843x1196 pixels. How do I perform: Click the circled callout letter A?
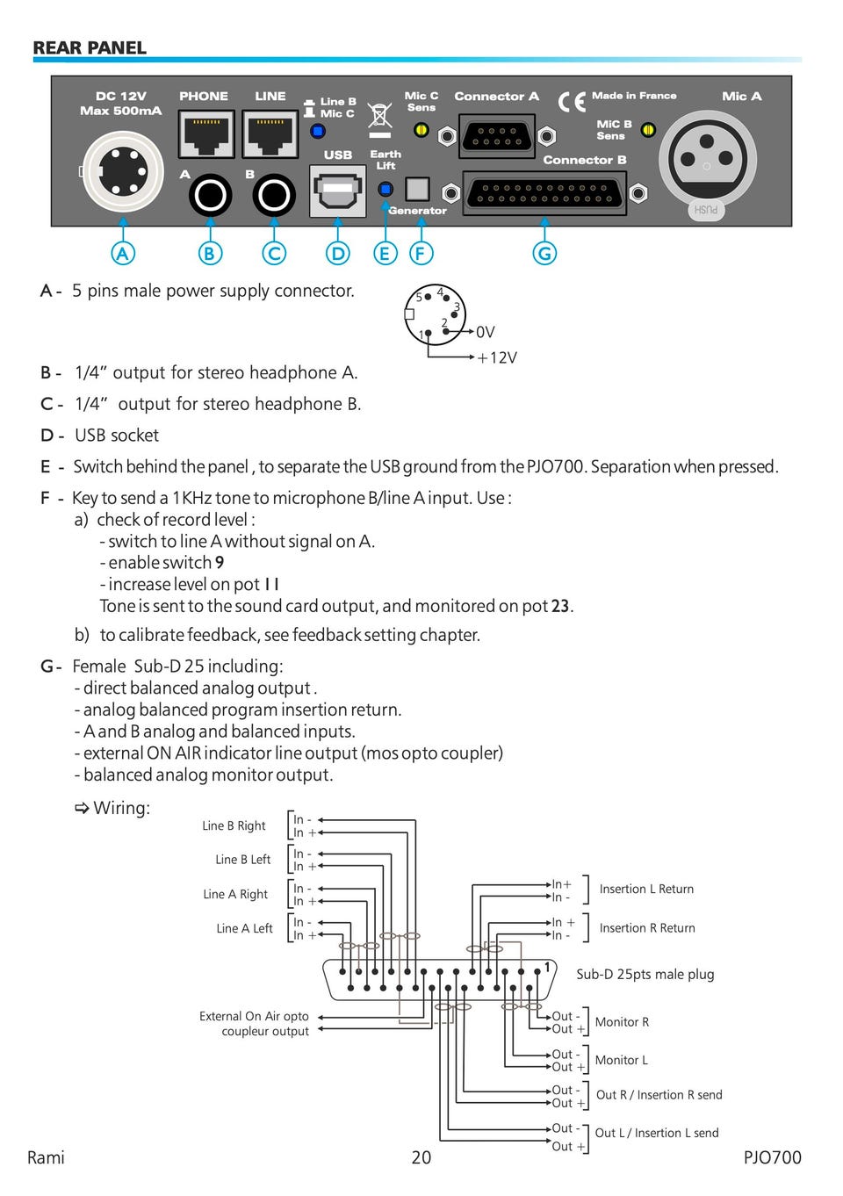click(123, 254)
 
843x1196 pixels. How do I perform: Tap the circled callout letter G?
click(545, 254)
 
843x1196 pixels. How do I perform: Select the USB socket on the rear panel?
click(338, 191)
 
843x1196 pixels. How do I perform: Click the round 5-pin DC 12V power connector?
click(123, 171)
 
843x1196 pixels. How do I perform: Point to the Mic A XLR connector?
click(707, 159)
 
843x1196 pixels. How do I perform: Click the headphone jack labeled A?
click(210, 195)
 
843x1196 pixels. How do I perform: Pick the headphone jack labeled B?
click(274, 195)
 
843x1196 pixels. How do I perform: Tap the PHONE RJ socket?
click(206, 133)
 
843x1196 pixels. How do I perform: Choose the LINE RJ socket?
click(270, 133)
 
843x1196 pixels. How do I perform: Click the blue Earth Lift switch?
click(385, 189)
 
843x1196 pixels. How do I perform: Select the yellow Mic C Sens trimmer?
click(421, 130)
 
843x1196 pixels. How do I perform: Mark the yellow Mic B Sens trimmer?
click(648, 130)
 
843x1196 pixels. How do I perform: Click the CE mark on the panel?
click(572, 102)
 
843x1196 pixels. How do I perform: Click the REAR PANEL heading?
click(90, 48)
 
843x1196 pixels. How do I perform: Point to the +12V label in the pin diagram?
click(497, 358)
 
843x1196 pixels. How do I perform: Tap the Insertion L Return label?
click(646, 890)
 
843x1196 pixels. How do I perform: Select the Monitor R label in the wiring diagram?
click(622, 1022)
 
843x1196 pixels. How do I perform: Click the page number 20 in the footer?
click(421, 1157)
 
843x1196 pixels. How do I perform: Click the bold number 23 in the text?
click(560, 606)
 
